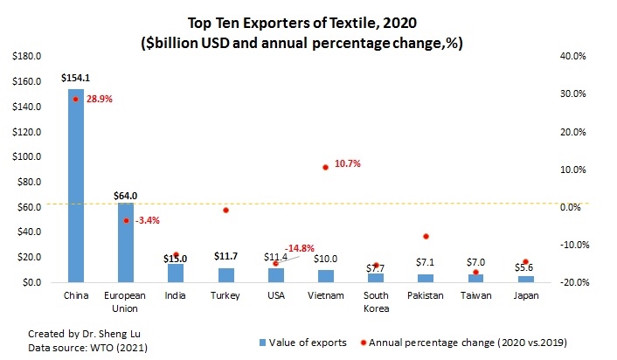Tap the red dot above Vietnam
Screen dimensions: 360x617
pyautogui.click(x=326, y=167)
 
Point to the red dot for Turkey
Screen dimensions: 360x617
pyautogui.click(x=225, y=211)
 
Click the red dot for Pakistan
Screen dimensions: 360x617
pyautogui.click(x=426, y=237)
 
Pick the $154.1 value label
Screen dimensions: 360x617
pyautogui.click(x=76, y=78)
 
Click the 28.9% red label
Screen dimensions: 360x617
pyautogui.click(x=100, y=100)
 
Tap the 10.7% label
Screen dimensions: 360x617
pyautogui.click(x=347, y=163)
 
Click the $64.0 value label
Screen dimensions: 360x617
pyautogui.click(x=126, y=196)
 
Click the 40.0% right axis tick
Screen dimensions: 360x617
pyautogui.click(x=560, y=56)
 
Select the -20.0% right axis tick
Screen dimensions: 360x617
pyautogui.click(x=559, y=283)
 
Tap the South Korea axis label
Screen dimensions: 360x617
pyautogui.click(x=376, y=301)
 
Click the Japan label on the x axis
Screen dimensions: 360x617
pyautogui.click(x=525, y=296)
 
